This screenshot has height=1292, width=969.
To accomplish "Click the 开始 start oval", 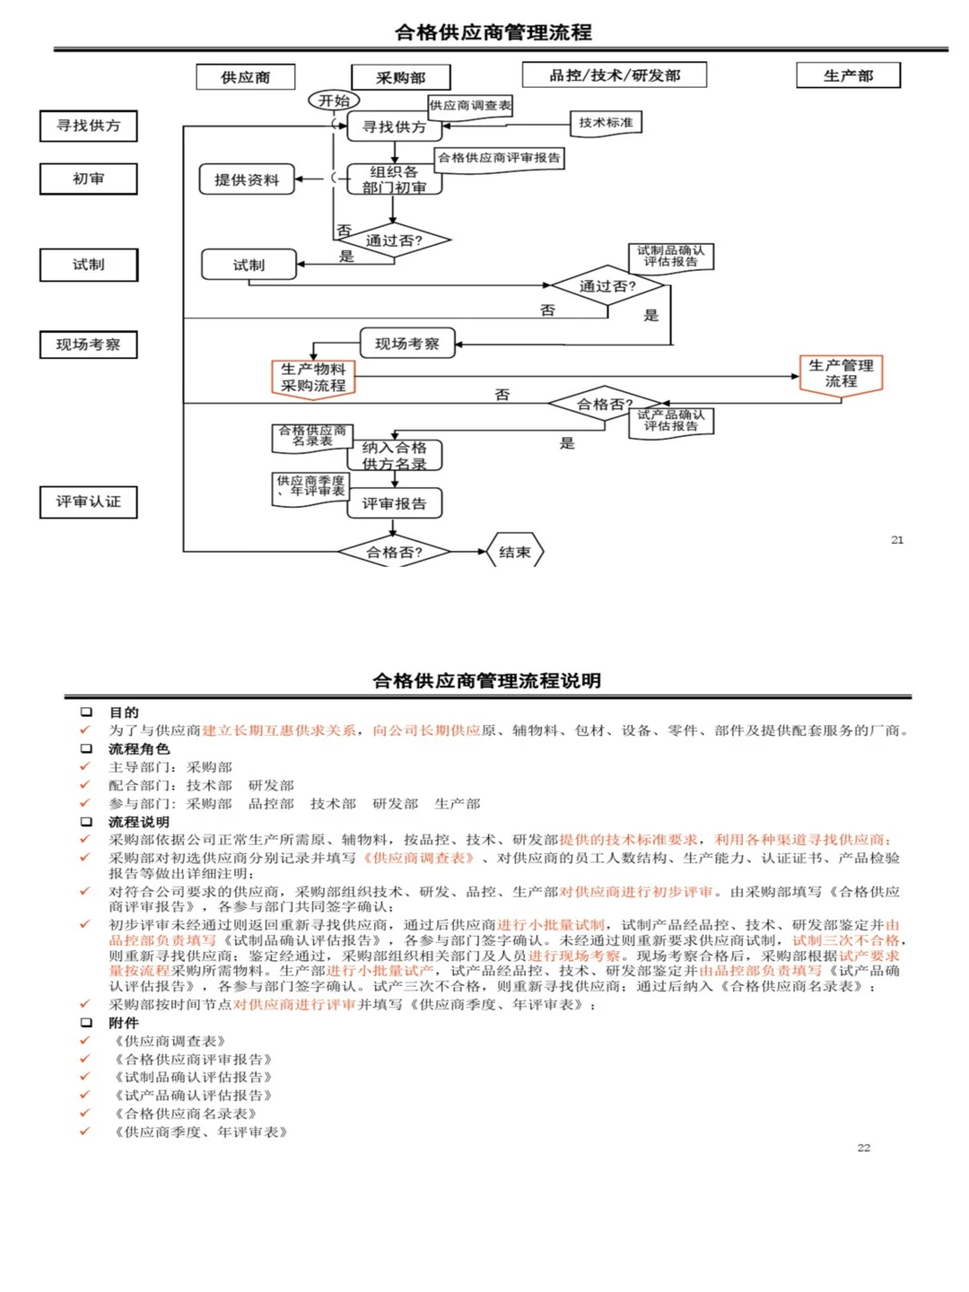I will click(334, 100).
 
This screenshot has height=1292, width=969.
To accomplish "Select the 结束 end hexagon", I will click(515, 552).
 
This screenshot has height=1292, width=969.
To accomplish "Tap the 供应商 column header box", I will click(245, 77).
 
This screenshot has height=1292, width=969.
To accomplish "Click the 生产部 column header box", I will click(848, 75).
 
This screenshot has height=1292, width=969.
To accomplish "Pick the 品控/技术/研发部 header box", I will click(615, 75).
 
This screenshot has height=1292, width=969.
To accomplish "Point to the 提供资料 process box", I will click(247, 179).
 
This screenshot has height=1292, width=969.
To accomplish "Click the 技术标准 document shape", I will click(606, 122).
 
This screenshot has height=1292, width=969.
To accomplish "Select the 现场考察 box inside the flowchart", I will click(407, 344).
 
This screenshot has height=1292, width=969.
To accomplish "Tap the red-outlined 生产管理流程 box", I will click(841, 373).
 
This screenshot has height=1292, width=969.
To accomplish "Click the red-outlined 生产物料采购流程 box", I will click(313, 377).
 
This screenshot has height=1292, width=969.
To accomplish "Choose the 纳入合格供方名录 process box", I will click(395, 455).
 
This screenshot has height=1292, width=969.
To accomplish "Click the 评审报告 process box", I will click(395, 503).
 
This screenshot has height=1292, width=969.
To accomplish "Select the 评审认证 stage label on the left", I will click(88, 502).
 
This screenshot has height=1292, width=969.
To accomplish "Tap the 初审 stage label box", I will click(88, 179).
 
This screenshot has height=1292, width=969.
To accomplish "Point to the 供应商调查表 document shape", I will click(470, 106).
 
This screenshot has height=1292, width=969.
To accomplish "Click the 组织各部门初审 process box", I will click(394, 179).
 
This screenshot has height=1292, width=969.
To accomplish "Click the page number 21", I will click(897, 539).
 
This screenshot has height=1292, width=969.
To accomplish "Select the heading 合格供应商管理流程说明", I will click(486, 680).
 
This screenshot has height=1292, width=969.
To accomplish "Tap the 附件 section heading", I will click(124, 1023).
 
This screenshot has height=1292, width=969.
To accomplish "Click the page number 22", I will click(864, 1148).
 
